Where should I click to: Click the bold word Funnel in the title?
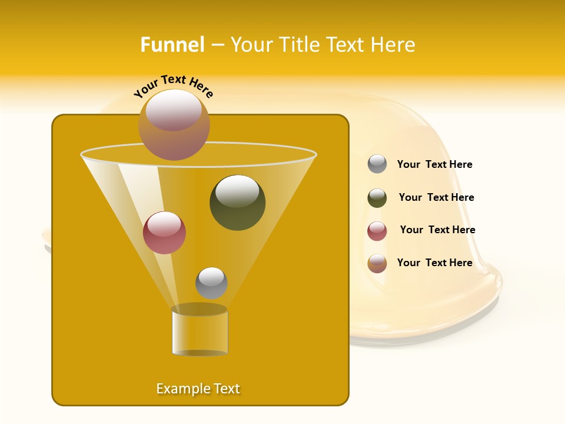click(x=172, y=45)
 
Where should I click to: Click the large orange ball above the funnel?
click(x=174, y=124)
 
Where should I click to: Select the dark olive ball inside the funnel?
click(x=237, y=202)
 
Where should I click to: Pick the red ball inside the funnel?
click(x=164, y=233)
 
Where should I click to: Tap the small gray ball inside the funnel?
click(x=211, y=283)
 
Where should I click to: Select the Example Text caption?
click(x=198, y=389)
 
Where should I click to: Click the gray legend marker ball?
click(x=377, y=164)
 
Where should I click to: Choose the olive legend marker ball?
click(x=377, y=198)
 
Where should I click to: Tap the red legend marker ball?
click(x=377, y=231)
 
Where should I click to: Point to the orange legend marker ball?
click(x=377, y=263)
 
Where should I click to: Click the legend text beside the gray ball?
click(x=434, y=164)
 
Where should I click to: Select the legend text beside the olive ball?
click(x=436, y=197)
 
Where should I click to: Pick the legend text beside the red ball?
click(x=437, y=230)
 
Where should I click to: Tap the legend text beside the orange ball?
click(x=434, y=263)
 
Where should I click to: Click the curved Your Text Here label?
click(x=174, y=85)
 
